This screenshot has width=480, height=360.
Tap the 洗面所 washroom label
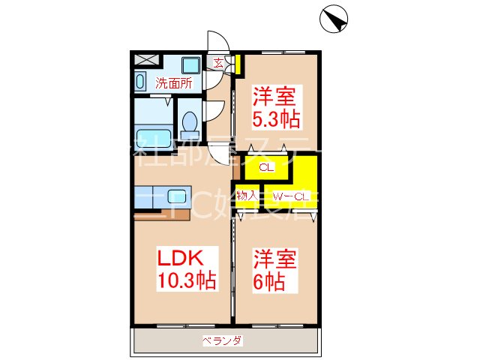click(x=174, y=83)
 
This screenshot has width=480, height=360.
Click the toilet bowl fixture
click(x=189, y=121)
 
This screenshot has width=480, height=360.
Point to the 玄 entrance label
click(x=218, y=64)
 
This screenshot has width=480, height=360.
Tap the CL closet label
click(x=265, y=169)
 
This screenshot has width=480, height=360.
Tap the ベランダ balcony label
click(x=222, y=341)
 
